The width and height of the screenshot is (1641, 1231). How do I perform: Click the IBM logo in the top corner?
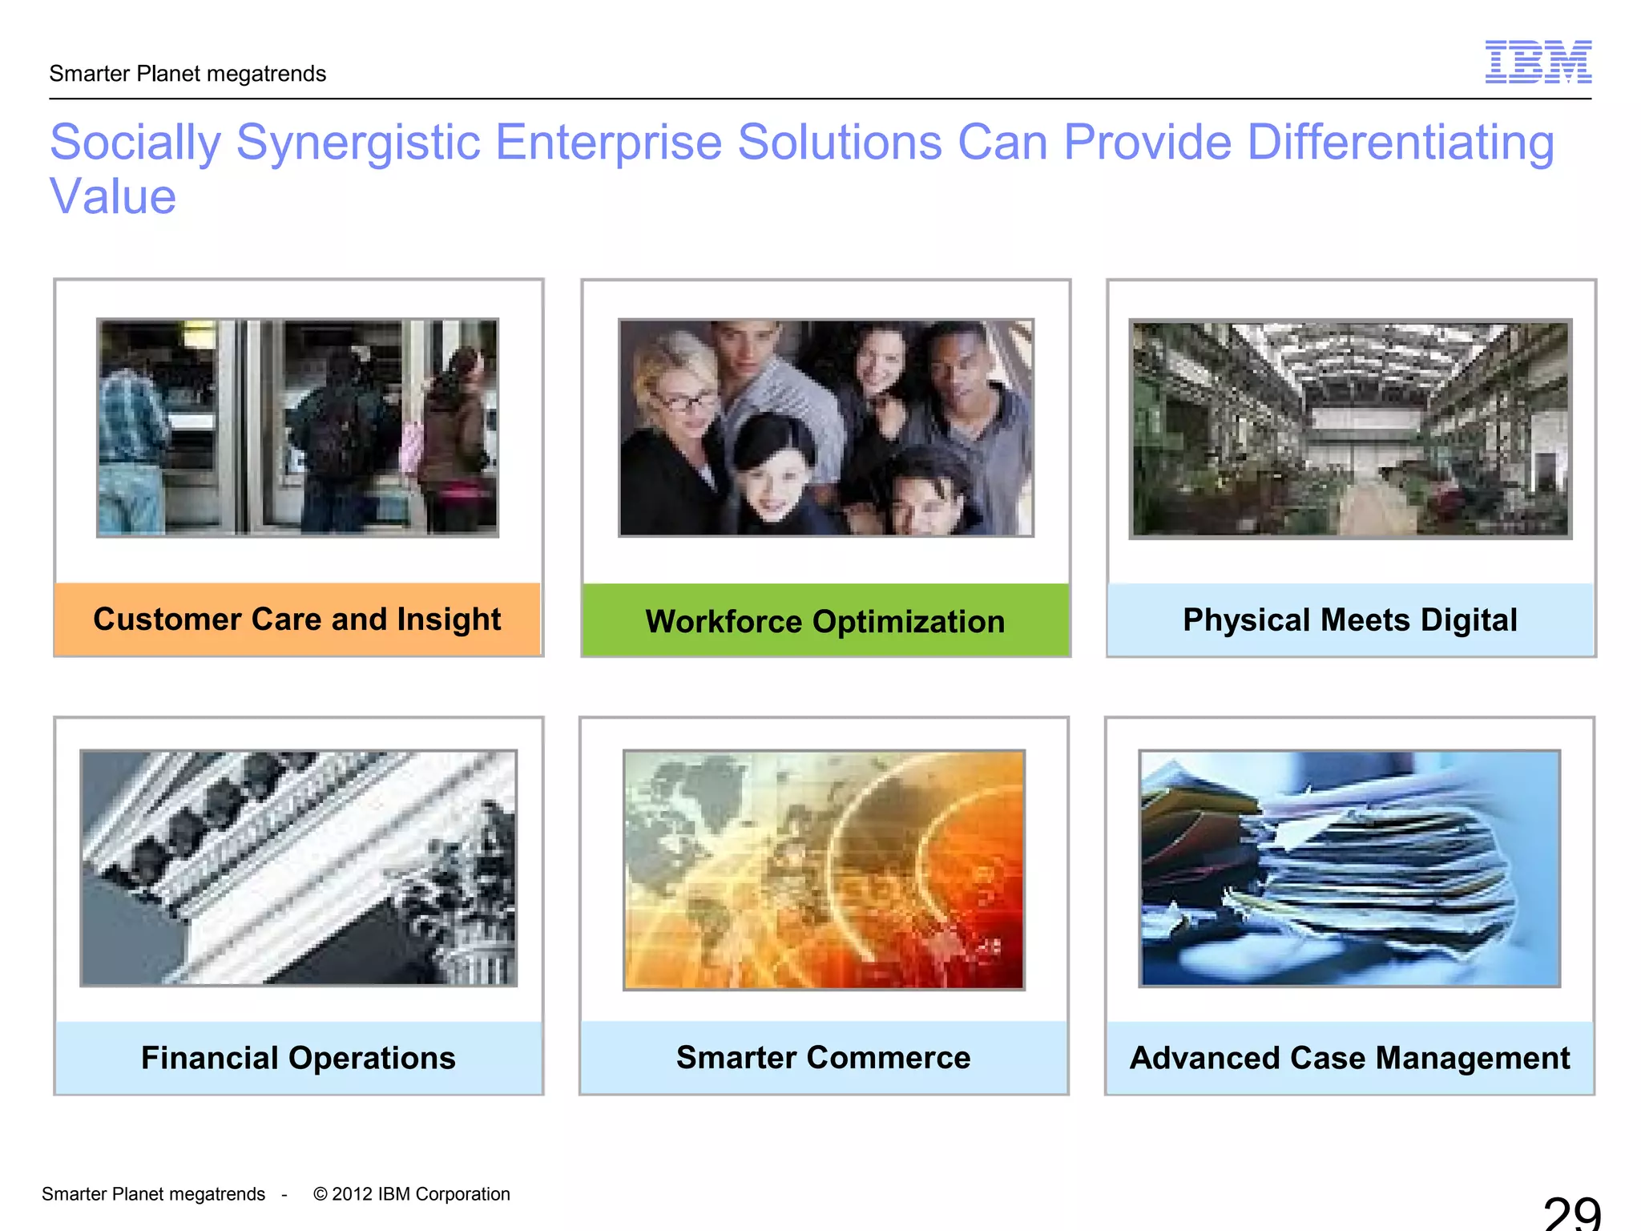tap(1538, 62)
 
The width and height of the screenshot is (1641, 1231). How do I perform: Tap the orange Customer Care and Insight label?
tap(297, 620)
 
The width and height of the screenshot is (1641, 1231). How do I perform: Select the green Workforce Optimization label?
tap(825, 621)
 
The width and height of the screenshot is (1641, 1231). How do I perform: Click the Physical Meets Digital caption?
tap(1350, 620)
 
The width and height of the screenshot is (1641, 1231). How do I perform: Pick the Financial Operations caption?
tap(298, 1058)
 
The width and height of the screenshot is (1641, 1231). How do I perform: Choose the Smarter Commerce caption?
tap(823, 1057)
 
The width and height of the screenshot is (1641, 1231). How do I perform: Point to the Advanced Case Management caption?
tap(1349, 1058)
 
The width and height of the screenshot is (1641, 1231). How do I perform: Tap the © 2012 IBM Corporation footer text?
tap(411, 1194)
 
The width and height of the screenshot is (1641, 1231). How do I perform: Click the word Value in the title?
tap(113, 196)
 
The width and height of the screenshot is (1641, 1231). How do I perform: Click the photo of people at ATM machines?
tap(297, 428)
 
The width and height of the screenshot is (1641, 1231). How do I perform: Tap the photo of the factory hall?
tap(1350, 429)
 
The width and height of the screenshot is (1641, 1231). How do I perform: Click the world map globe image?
tap(824, 870)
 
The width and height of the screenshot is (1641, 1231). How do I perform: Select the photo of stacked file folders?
tap(1349, 869)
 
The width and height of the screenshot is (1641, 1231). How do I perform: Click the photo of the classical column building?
tap(298, 869)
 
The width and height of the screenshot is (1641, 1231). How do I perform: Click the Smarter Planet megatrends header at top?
tap(187, 74)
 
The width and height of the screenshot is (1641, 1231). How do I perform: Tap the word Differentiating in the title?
tap(1400, 143)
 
